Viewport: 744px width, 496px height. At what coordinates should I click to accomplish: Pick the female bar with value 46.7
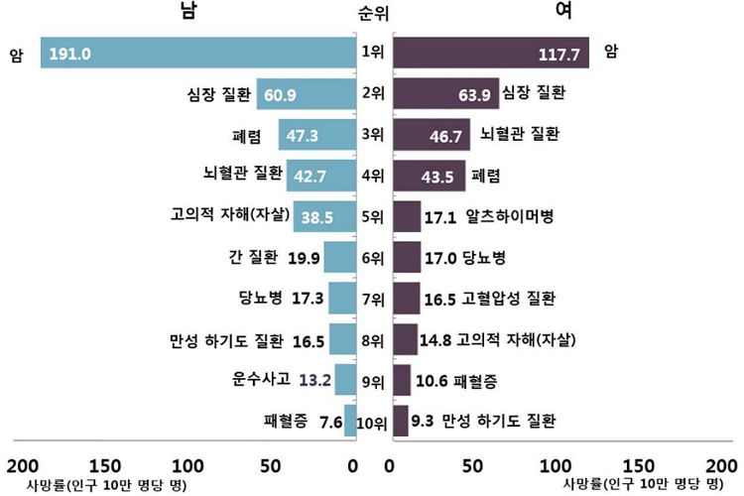[x=433, y=135]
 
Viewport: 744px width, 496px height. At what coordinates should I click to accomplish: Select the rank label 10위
[x=372, y=424]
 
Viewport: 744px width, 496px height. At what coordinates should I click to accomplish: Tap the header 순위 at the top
[x=376, y=14]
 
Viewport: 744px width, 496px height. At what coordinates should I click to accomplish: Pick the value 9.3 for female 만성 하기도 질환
[x=422, y=420]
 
